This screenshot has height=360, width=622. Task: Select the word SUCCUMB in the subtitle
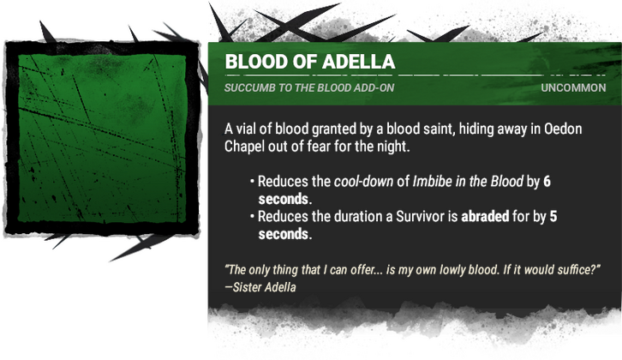(x=251, y=89)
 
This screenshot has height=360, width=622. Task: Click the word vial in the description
(x=252, y=129)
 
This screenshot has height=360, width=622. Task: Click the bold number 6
(x=547, y=183)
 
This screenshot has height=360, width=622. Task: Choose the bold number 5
(x=553, y=217)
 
